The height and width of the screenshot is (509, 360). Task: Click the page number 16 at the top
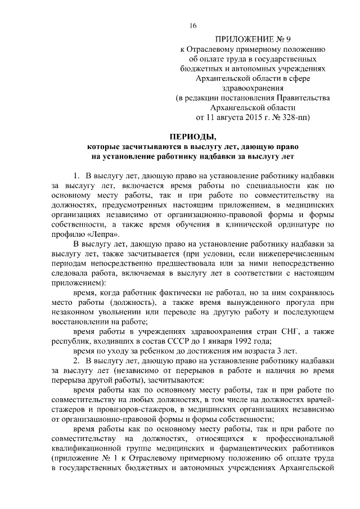[193, 26]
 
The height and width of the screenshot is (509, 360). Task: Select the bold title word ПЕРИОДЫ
[193, 136]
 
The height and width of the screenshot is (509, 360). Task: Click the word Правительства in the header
[300, 97]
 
